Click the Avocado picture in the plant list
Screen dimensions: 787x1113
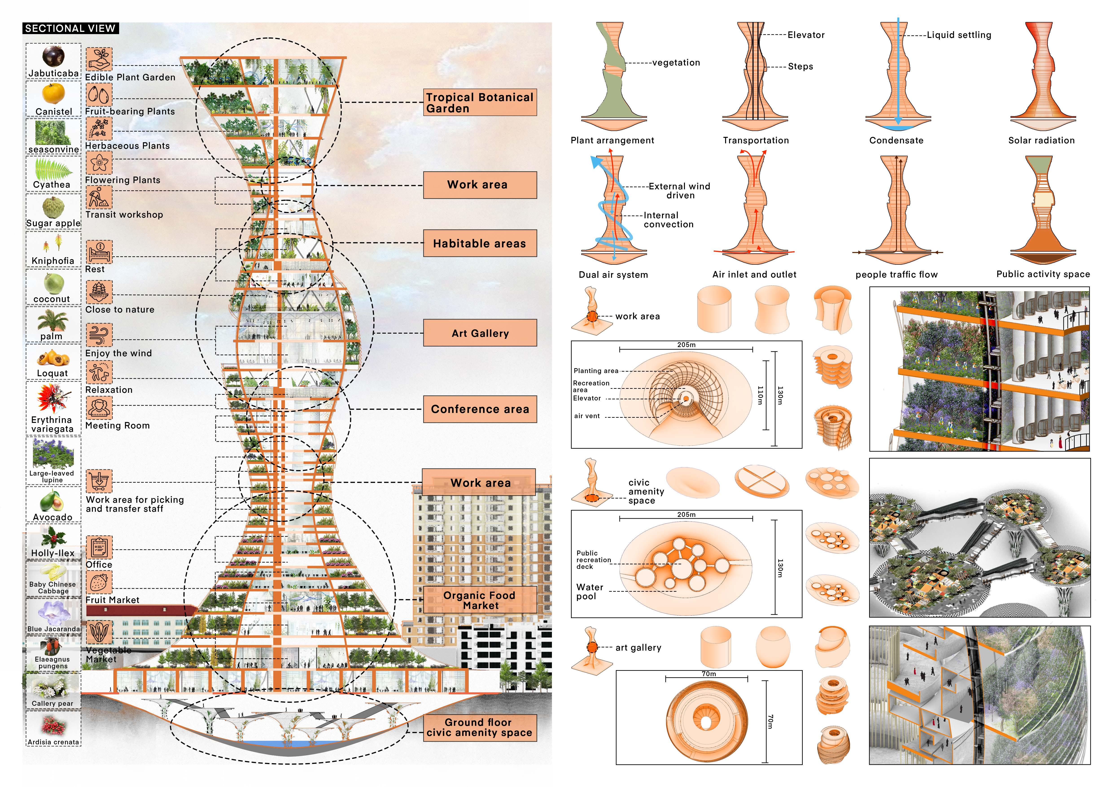tap(52, 500)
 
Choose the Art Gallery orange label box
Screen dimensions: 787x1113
tap(480, 333)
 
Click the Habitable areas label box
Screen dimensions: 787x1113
tap(480, 243)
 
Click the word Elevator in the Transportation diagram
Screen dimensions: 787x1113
tap(806, 35)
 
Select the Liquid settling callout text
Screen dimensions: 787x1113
tap(959, 35)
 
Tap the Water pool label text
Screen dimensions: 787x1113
tap(590, 592)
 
